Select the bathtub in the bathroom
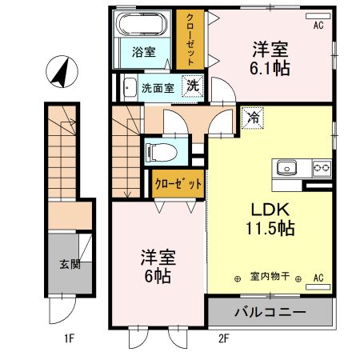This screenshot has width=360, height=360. pyautogui.click(x=144, y=26)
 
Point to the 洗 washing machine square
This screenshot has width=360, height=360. pyautogui.click(x=193, y=85)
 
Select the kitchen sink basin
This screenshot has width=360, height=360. pyautogui.click(x=287, y=168)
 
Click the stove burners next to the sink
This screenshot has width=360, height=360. pyautogui.click(x=322, y=168)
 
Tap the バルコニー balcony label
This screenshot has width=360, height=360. pyautogui.click(x=270, y=311)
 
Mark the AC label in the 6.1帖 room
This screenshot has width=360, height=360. pyautogui.click(x=318, y=26)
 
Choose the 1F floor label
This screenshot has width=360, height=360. pyautogui.click(x=70, y=339)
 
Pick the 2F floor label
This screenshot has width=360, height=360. pyautogui.click(x=224, y=339)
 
